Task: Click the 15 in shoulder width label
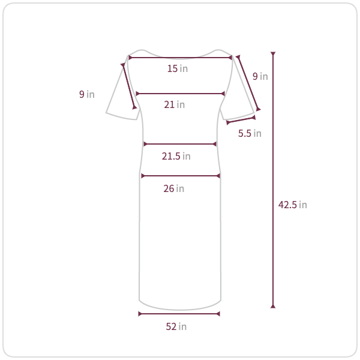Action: [x=178, y=68]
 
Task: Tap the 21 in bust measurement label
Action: [x=174, y=104]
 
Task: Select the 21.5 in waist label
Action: [x=176, y=156]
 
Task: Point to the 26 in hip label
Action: [x=174, y=188]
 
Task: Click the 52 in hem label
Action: [x=176, y=326]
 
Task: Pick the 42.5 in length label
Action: [x=293, y=205]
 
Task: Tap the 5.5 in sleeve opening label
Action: [x=250, y=133]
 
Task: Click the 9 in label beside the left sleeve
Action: [x=87, y=94]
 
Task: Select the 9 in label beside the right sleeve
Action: [x=260, y=76]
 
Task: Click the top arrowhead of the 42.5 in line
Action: [x=273, y=54]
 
